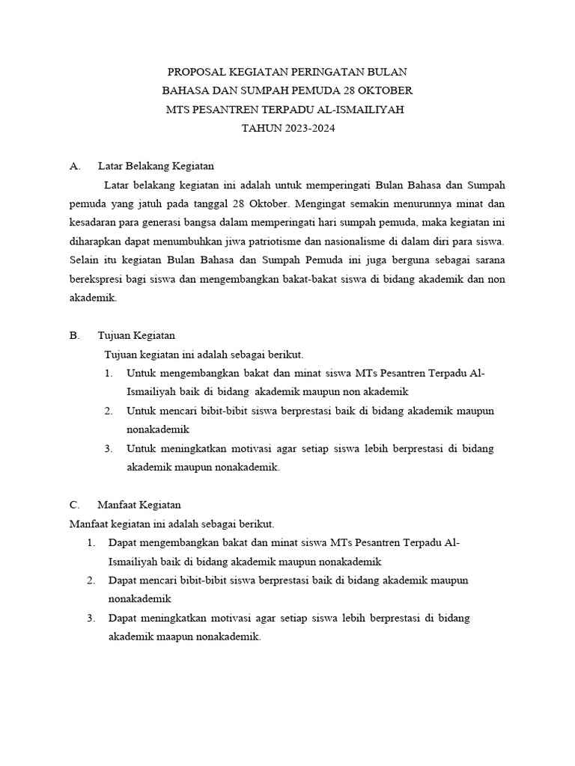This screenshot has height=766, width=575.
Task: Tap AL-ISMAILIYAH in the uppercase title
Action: click(364, 109)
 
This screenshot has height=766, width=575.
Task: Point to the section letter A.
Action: click(73, 165)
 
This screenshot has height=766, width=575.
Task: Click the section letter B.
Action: click(73, 335)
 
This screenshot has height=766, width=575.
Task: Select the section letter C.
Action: click(73, 505)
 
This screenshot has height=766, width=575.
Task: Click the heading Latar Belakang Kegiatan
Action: click(156, 165)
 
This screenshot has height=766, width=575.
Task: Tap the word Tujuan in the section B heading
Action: click(115, 335)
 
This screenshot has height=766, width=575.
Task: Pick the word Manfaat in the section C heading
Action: click(118, 505)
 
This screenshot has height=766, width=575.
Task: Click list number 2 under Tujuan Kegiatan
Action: click(109, 411)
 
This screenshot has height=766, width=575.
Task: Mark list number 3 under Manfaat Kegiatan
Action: click(91, 618)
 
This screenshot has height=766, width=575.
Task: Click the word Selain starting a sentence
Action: click(85, 260)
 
